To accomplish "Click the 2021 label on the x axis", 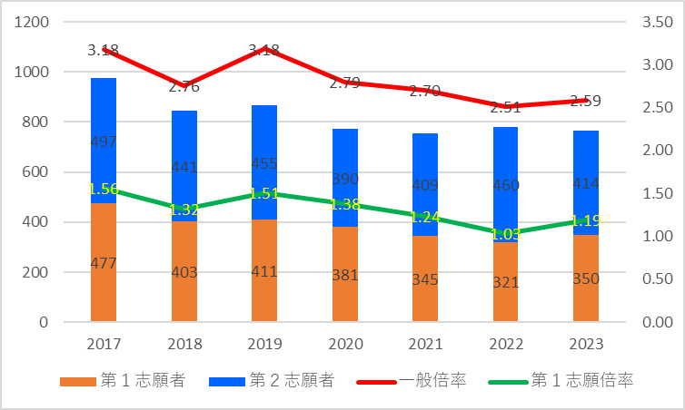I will click(x=425, y=346).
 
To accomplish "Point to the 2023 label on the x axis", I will click(x=586, y=346).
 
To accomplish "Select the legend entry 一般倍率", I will click(x=419, y=381).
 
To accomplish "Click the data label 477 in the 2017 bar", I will click(x=104, y=264).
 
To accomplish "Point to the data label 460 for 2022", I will click(x=506, y=186).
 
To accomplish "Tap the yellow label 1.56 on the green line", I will click(x=104, y=189).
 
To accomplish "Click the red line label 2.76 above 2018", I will click(x=184, y=87).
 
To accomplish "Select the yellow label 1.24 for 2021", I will click(x=425, y=217).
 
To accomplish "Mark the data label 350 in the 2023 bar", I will click(x=586, y=278).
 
